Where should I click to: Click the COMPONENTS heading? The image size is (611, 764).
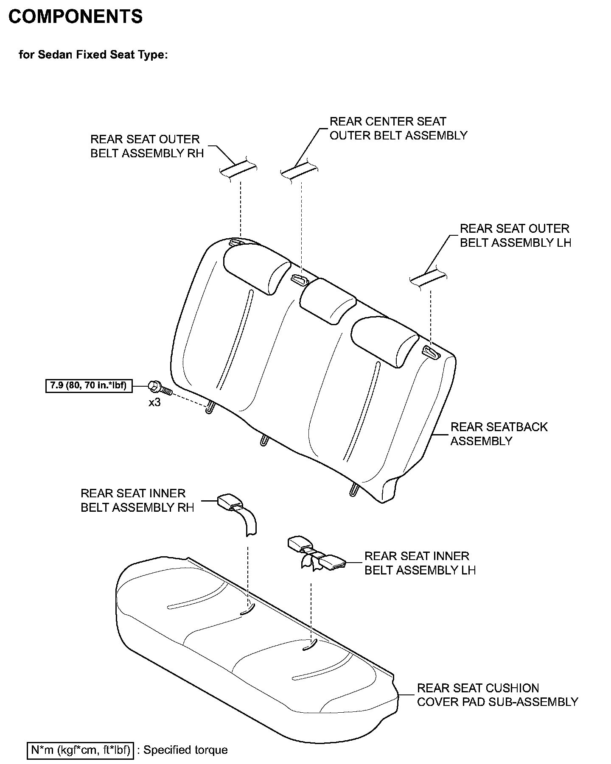76,17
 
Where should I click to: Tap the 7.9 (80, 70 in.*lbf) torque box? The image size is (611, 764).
89,386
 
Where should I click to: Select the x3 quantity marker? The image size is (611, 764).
154,402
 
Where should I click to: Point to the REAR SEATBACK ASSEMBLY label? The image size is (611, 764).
499,434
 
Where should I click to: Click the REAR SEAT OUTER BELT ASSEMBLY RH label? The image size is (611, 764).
147,146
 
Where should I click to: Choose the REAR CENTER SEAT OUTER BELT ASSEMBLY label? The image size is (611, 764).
398,128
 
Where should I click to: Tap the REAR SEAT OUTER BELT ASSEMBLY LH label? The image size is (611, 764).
515,236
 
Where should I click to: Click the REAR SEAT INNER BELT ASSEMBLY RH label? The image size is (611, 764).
137,500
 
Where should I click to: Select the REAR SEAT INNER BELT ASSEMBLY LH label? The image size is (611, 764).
420,563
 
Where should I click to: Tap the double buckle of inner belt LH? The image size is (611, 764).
316,553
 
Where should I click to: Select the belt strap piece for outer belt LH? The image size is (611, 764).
428,278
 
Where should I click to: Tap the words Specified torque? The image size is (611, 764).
185,750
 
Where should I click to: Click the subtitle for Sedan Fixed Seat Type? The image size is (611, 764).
93,55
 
